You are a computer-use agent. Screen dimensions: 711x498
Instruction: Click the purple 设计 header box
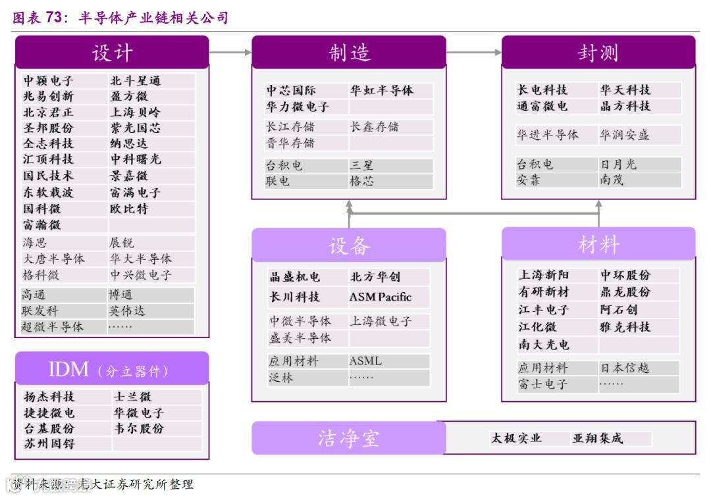tap(112, 53)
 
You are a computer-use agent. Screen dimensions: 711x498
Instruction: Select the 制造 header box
tap(349, 53)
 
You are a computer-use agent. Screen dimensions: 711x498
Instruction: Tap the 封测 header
tap(598, 53)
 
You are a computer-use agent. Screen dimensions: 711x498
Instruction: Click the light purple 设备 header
tap(349, 245)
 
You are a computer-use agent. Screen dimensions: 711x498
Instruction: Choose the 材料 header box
tap(598, 244)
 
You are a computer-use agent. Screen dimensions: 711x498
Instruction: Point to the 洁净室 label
tap(348, 438)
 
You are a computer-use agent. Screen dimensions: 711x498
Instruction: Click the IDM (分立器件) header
tap(112, 369)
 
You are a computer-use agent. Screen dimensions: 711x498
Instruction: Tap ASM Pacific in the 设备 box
tap(380, 297)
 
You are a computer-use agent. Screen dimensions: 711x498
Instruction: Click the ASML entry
tap(365, 361)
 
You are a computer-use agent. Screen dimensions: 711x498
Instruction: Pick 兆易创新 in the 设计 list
tap(49, 97)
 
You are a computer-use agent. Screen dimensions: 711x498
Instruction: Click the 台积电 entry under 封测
tap(535, 164)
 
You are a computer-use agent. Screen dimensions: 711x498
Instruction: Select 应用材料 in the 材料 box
tap(542, 368)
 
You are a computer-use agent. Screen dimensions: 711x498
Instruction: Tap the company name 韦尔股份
tap(138, 428)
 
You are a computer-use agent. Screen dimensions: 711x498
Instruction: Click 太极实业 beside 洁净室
tap(516, 438)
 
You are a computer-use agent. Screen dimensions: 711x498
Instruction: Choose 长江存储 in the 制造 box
tap(290, 126)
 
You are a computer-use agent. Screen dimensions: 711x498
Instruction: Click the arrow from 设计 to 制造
tap(230, 52)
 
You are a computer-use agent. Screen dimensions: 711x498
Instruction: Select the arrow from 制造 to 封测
tap(473, 52)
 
